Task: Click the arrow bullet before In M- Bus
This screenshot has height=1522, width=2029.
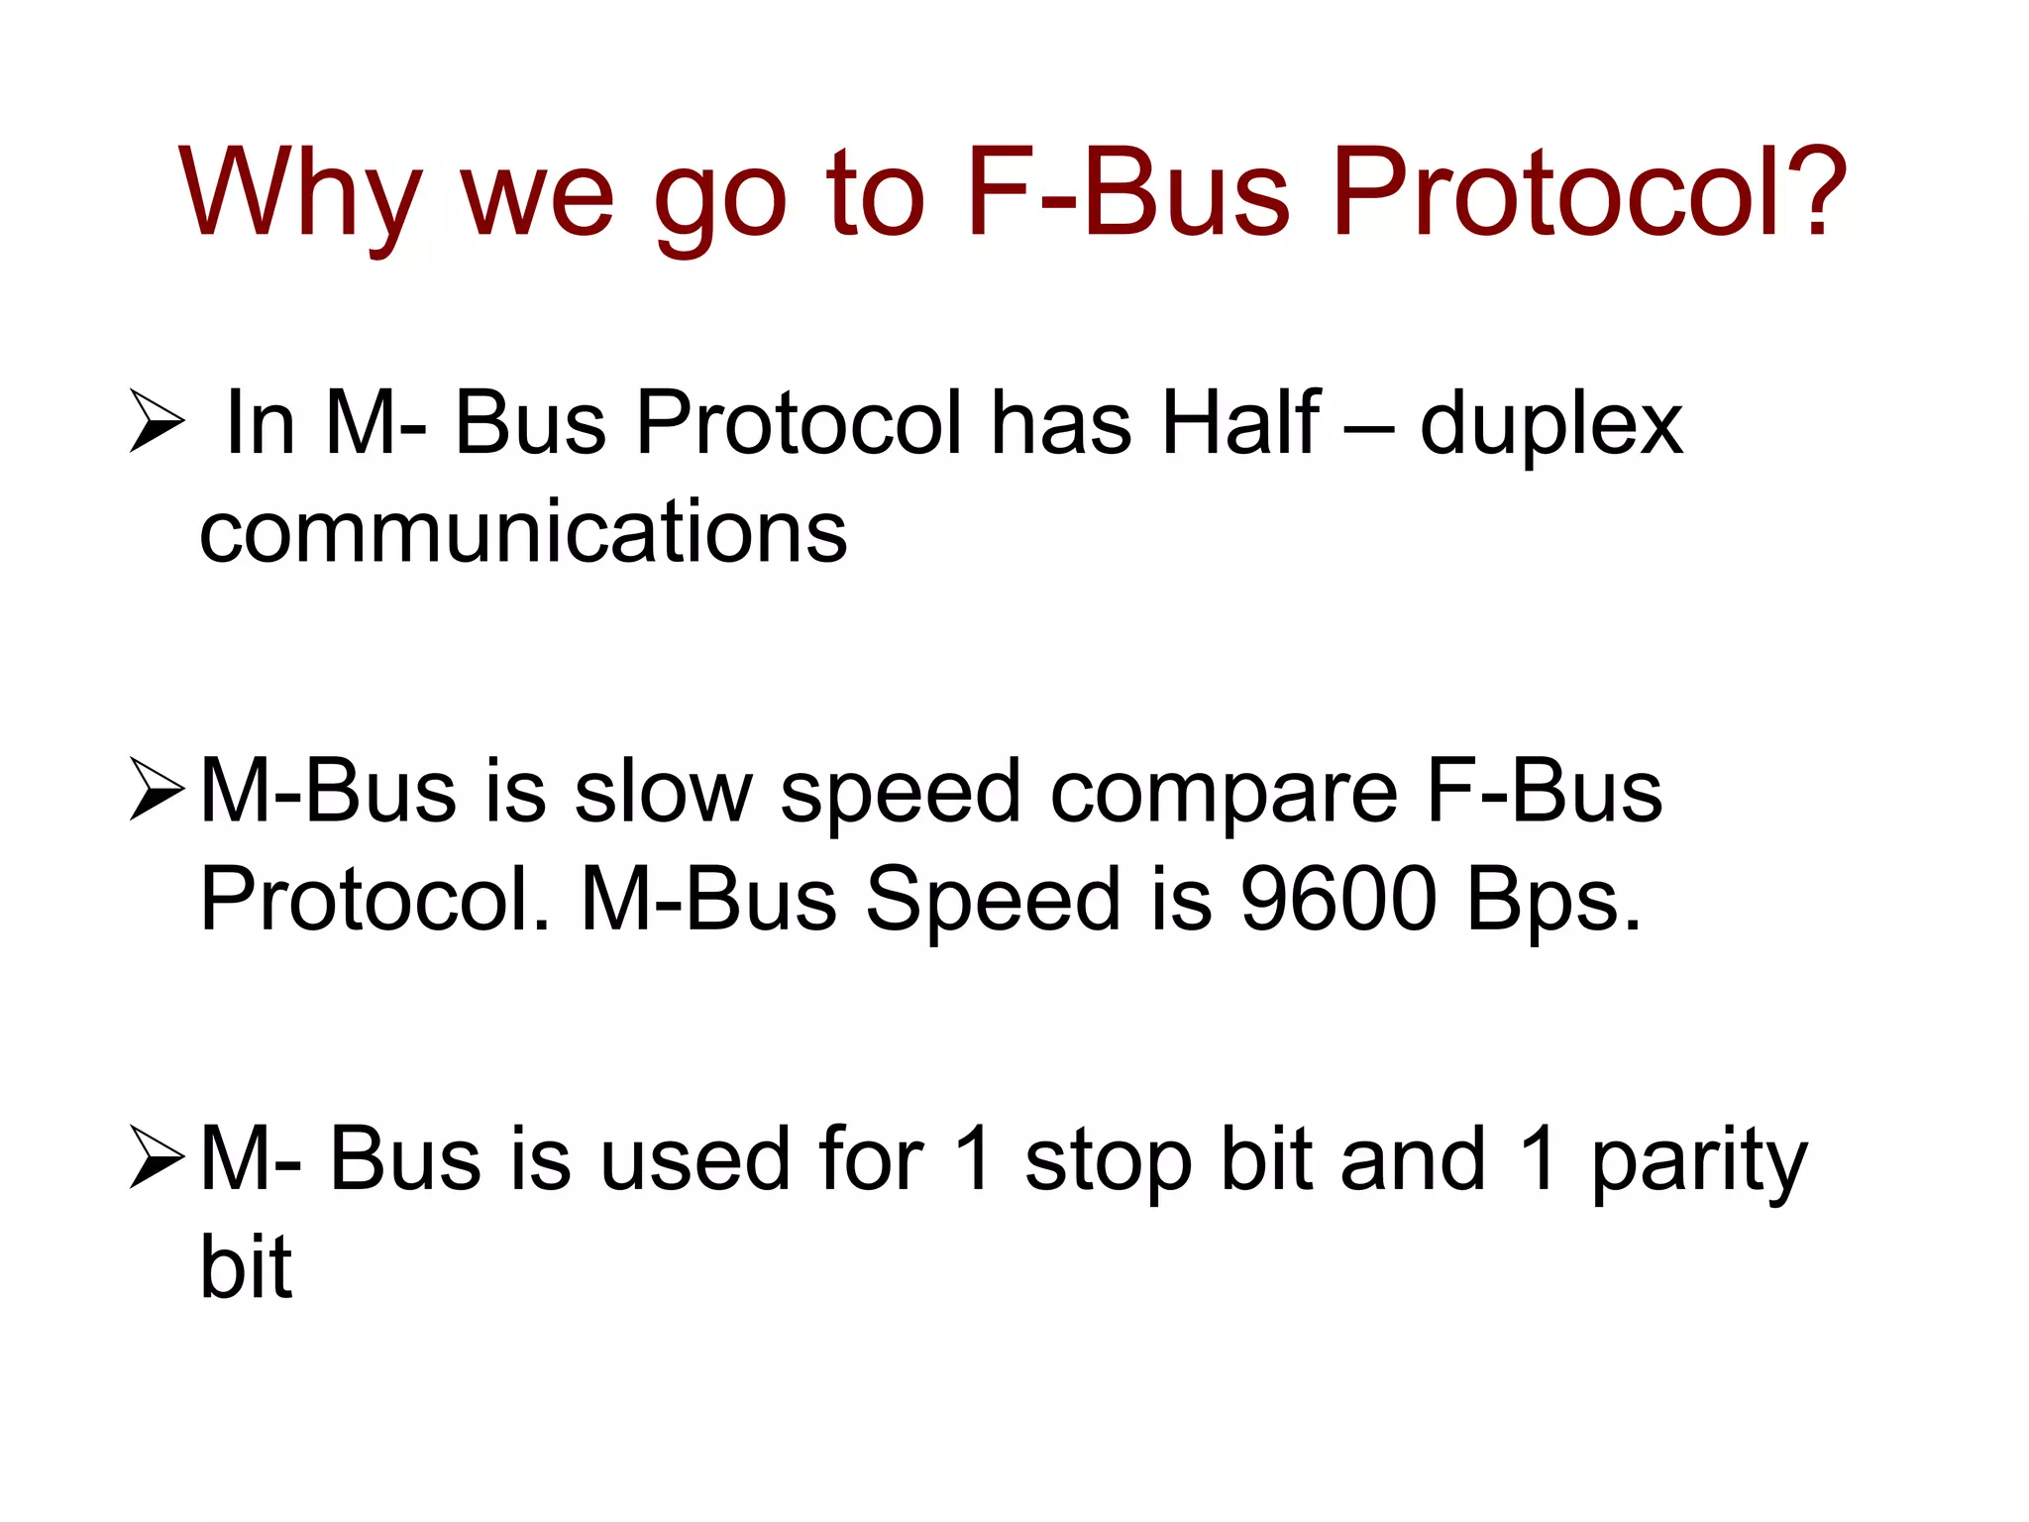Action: pyautogui.click(x=157, y=422)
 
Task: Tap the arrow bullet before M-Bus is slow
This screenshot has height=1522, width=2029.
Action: pyautogui.click(x=157, y=790)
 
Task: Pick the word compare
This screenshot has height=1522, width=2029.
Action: pyautogui.click(x=1224, y=796)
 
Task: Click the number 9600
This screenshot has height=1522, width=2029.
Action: pyautogui.click(x=1338, y=899)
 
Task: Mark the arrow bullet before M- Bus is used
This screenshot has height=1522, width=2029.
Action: pyautogui.click(x=157, y=1158)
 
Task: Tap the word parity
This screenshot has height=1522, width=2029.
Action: pyautogui.click(x=1699, y=1163)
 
